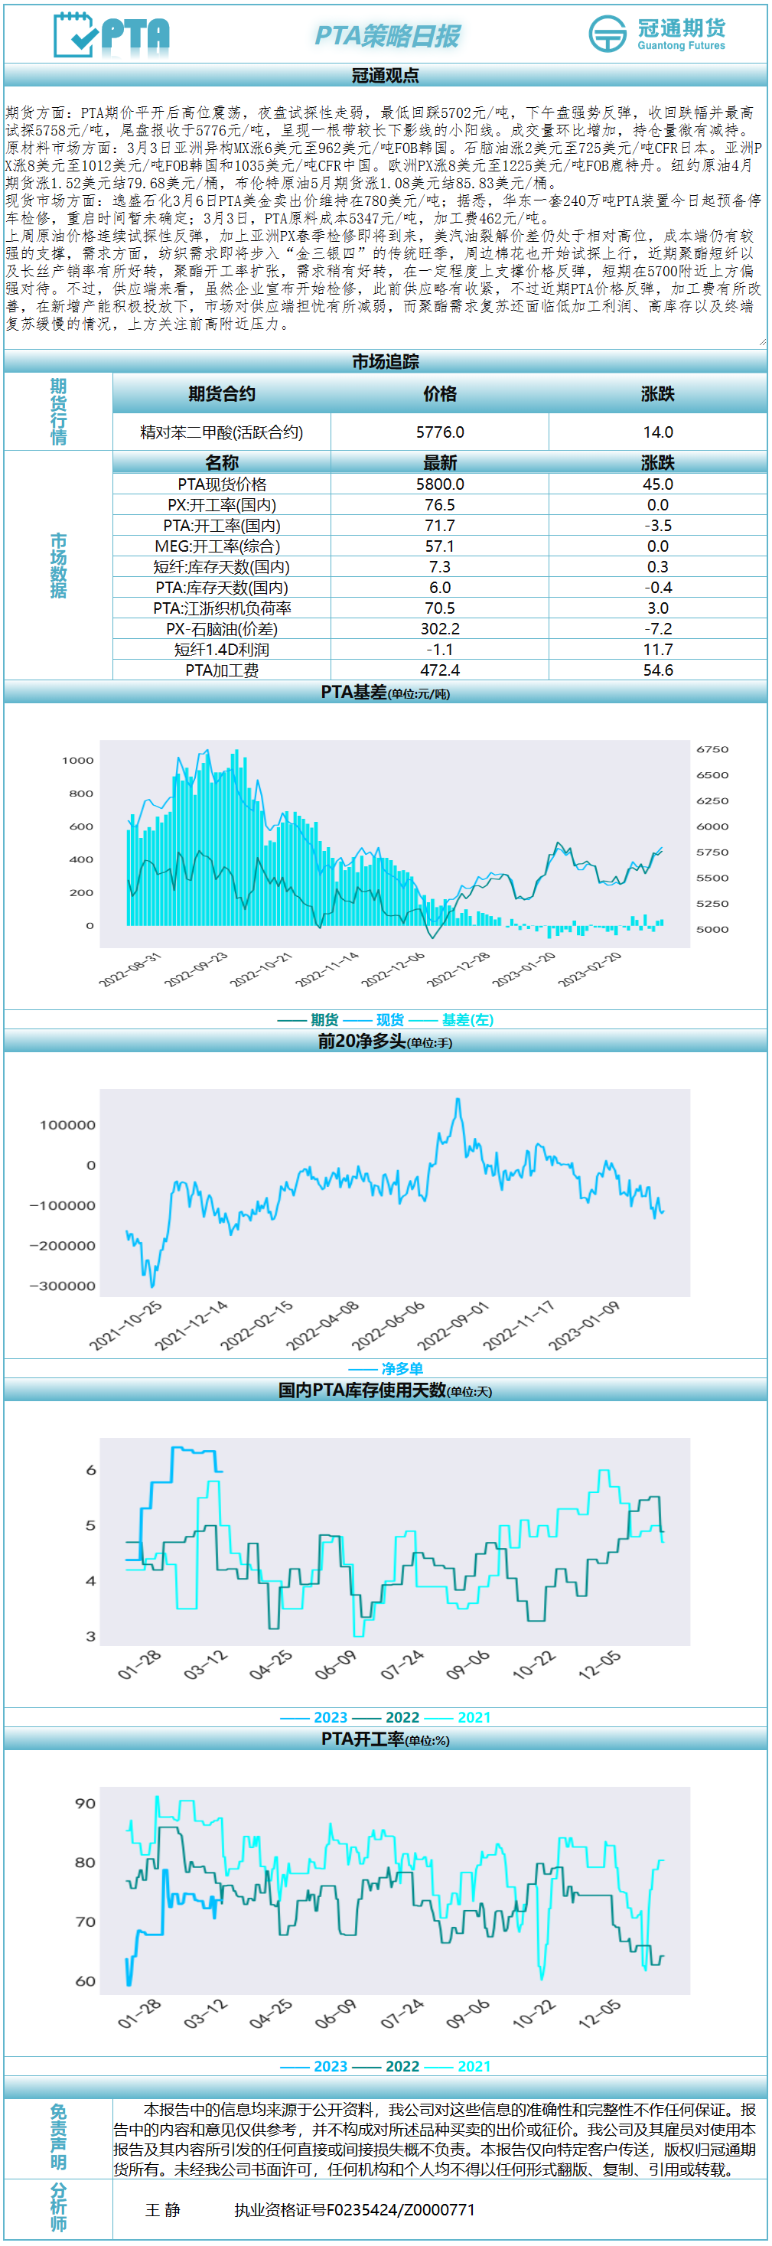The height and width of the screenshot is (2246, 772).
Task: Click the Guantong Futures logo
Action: click(x=657, y=34)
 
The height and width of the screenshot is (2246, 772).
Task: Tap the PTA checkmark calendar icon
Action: click(x=76, y=35)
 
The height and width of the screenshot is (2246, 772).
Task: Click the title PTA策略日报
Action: click(x=387, y=36)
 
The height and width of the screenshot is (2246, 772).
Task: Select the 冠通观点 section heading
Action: click(x=385, y=76)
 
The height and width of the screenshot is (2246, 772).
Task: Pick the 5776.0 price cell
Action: click(x=440, y=432)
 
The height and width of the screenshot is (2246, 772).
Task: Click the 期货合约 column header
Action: click(x=221, y=394)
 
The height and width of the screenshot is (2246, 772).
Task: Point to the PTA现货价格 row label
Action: click(x=222, y=484)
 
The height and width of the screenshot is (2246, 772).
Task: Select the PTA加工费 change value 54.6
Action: click(x=658, y=670)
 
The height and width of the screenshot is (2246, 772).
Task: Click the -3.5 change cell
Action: click(x=658, y=526)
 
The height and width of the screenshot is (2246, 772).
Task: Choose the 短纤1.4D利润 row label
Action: click(x=221, y=650)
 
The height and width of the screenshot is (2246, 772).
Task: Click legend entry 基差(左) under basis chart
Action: click(x=467, y=1020)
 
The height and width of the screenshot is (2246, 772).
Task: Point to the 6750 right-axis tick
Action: click(x=712, y=750)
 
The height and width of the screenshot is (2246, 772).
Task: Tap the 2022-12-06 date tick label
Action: click(x=394, y=969)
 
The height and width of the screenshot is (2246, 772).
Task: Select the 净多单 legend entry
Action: click(x=402, y=1369)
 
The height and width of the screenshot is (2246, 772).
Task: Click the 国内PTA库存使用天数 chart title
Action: click(x=362, y=1390)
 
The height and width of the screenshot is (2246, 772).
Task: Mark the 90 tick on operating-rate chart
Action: click(x=86, y=1803)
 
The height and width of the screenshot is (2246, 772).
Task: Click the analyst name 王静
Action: click(x=163, y=2209)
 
